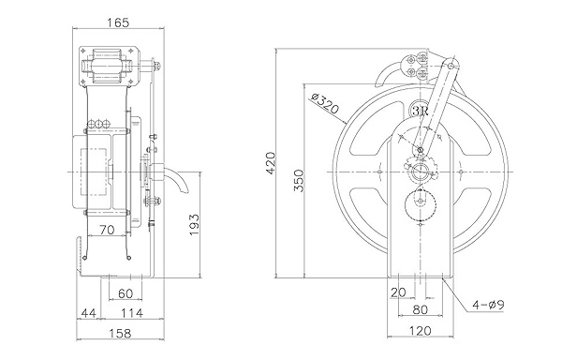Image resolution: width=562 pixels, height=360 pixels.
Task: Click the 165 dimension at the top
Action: click(118, 22)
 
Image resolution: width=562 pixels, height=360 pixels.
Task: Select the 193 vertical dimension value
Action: click(194, 225)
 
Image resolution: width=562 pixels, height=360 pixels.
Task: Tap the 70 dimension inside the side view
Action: click(107, 230)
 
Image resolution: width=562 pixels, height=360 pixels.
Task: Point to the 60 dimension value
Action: click(126, 293)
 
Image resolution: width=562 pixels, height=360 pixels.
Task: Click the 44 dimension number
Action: click(89, 313)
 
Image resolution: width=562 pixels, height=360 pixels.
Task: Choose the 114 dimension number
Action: click(132, 313)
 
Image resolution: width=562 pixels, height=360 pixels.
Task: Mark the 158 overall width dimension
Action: click(120, 334)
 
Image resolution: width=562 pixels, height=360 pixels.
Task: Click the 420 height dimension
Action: click(271, 163)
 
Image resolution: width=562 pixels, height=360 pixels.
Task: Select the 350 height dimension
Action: click(299, 180)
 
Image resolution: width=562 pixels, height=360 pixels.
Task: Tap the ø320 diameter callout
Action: click(324, 103)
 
